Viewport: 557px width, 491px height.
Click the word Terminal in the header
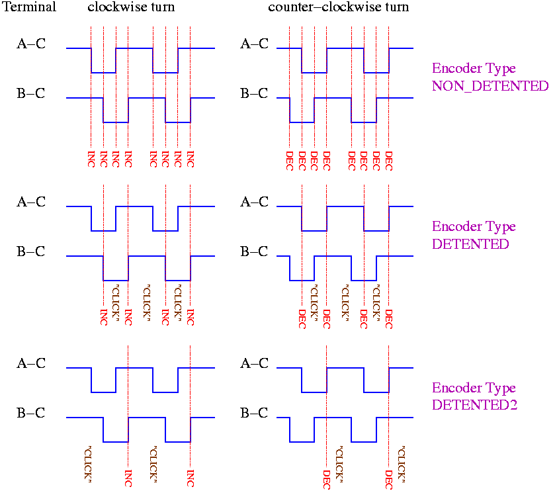tap(30, 8)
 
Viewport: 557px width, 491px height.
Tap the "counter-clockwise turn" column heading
tap(338, 8)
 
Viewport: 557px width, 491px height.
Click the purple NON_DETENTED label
tap(490, 86)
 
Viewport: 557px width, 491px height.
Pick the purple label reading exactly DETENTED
tap(470, 244)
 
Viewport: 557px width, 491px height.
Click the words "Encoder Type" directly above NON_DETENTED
tap(474, 68)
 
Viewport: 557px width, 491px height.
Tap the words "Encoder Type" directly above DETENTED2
tap(474, 388)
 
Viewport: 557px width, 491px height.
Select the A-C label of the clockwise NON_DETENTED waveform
tap(31, 44)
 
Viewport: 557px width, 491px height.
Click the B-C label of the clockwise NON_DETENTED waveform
tap(31, 93)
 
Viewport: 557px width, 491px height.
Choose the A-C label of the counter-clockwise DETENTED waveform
tap(254, 202)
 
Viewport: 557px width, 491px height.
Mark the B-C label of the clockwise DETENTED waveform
tap(31, 251)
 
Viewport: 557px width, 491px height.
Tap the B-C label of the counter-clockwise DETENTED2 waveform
tap(254, 414)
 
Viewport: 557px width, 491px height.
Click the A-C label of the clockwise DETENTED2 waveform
tap(31, 363)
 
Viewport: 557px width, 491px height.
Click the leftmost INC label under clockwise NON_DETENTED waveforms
tap(91, 159)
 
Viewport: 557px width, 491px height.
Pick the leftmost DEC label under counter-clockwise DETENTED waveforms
tap(302, 318)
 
